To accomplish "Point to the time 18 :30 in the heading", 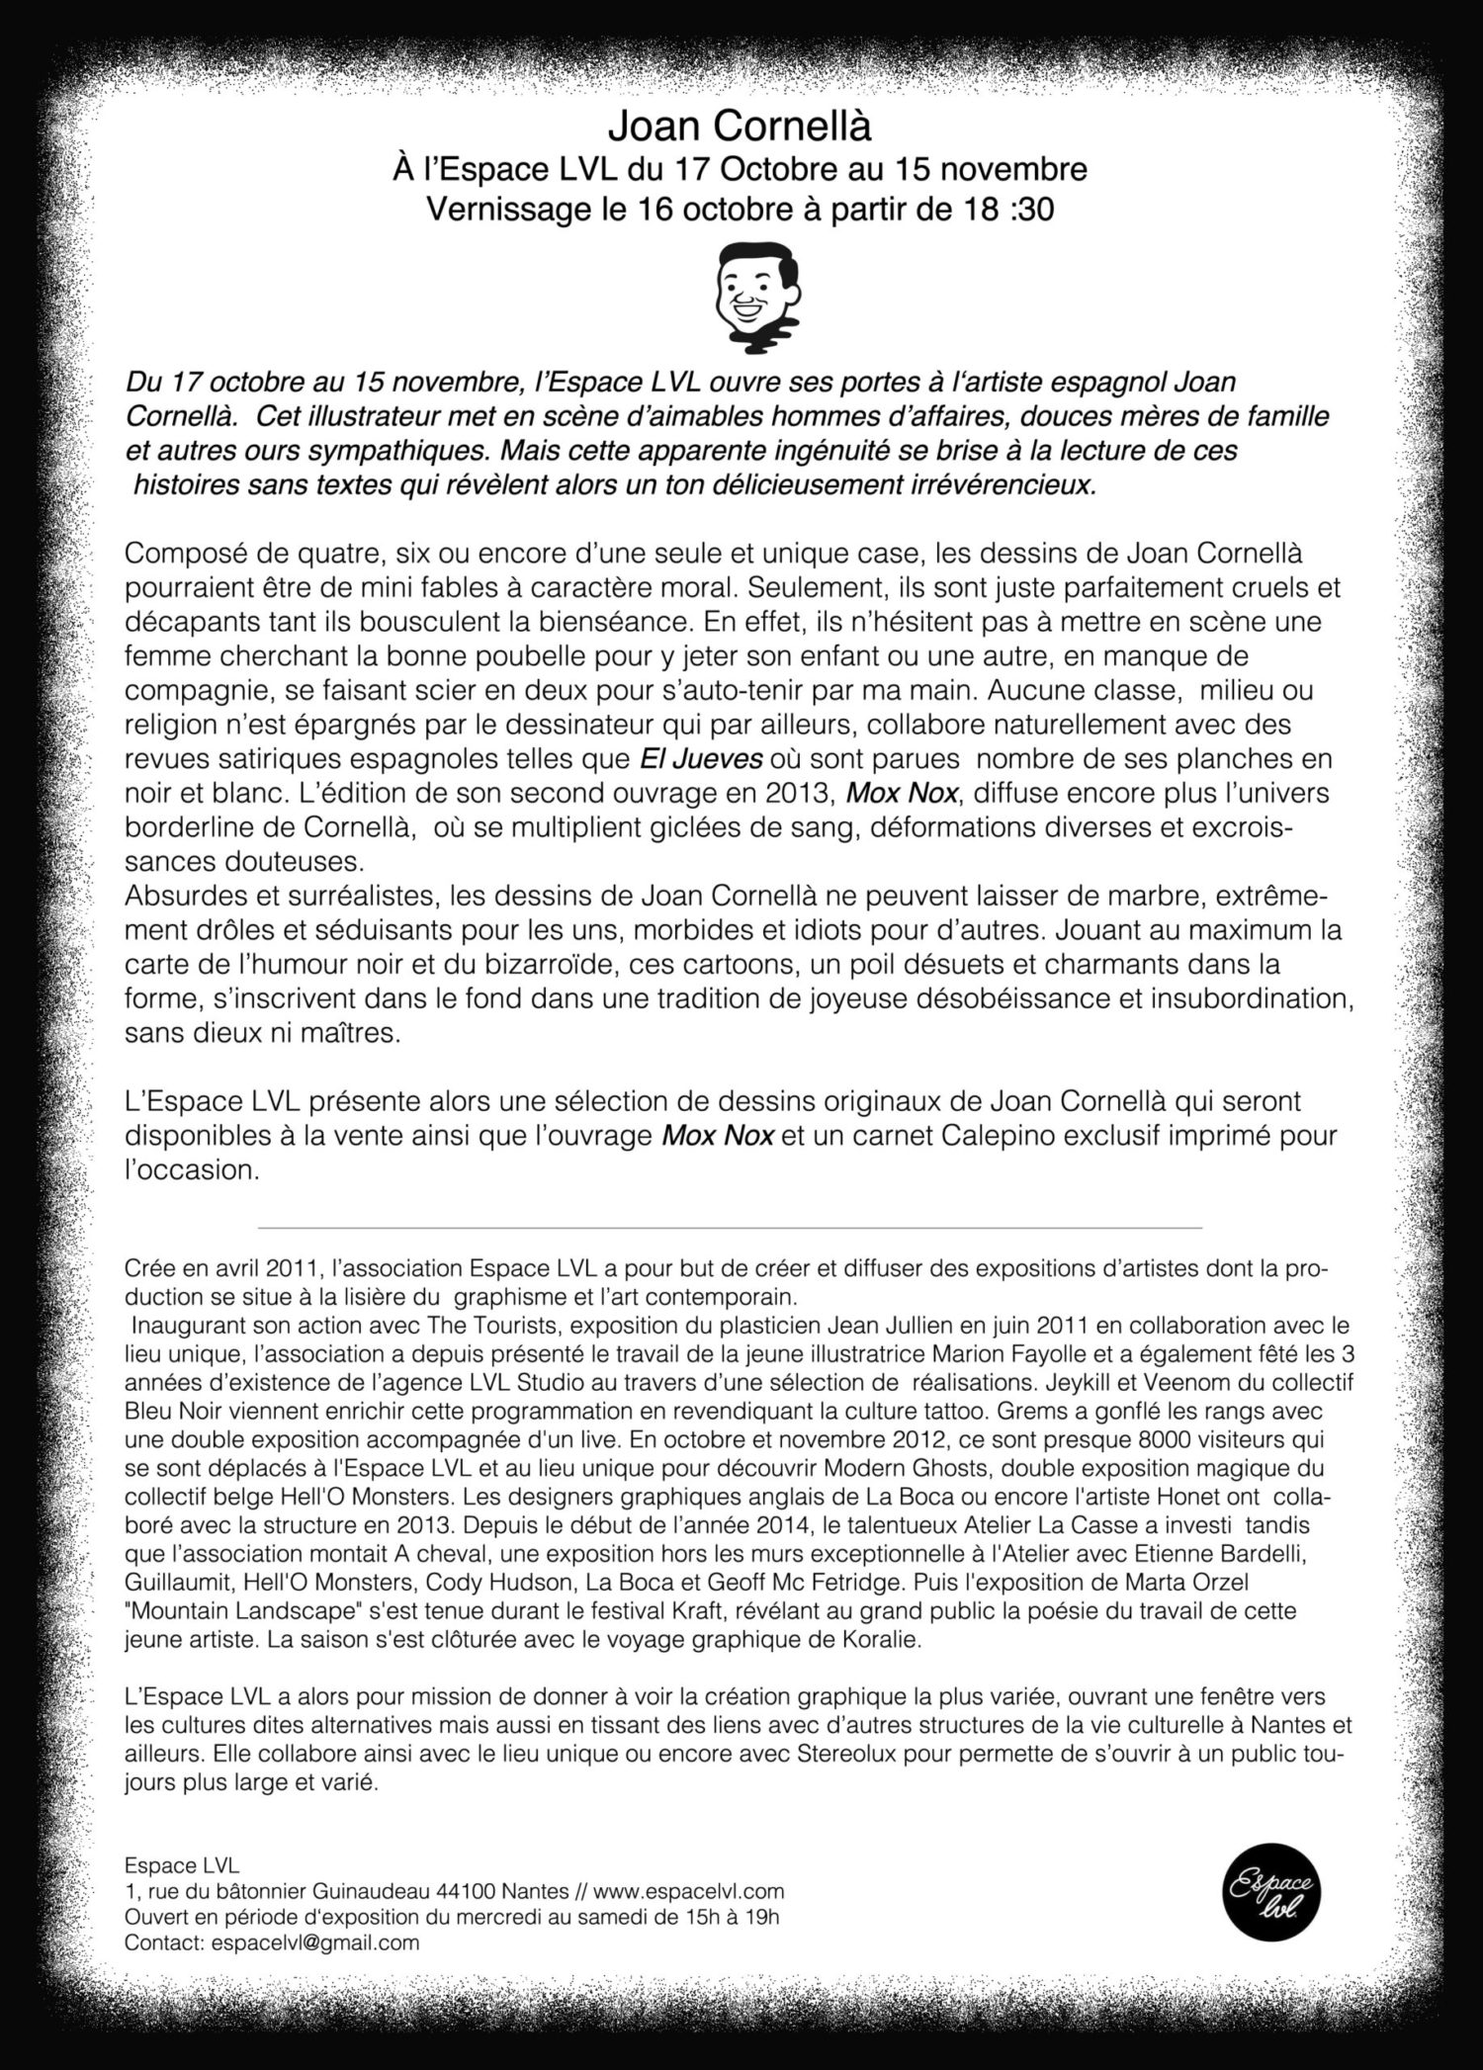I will pyautogui.click(x=1005, y=210).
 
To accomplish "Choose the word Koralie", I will pyautogui.click(x=886, y=1640).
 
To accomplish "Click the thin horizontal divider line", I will pyautogui.click(x=730, y=1228).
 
